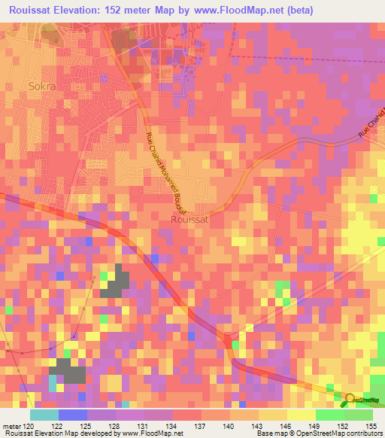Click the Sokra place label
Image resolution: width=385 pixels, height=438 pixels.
(x=42, y=86)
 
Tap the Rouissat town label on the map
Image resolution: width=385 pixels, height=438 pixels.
(x=188, y=220)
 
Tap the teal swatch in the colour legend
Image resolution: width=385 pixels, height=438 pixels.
(x=44, y=415)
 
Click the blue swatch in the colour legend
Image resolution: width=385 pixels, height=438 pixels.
(x=72, y=415)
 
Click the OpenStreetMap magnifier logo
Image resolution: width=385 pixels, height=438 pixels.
(x=350, y=401)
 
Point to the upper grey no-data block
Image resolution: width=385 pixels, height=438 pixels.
(x=115, y=280)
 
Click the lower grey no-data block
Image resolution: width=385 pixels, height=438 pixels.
(x=70, y=370)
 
